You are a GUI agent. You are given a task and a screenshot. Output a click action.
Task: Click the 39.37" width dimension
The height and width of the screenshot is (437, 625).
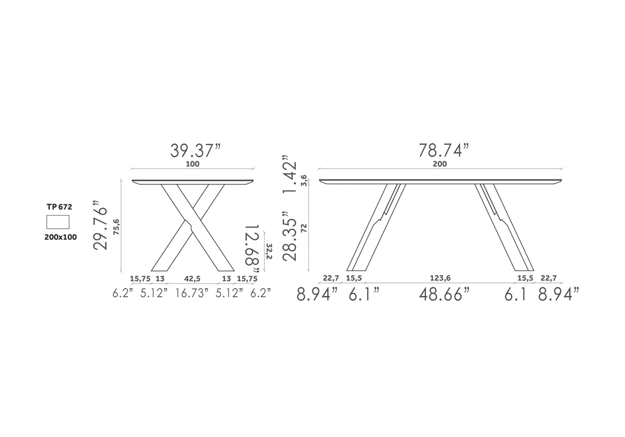195,151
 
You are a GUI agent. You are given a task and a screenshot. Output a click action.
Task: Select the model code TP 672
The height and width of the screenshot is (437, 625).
59,207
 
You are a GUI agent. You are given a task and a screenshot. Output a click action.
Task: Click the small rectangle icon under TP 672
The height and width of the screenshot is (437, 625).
58,222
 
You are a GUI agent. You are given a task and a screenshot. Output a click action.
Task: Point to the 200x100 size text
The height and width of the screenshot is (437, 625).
61,237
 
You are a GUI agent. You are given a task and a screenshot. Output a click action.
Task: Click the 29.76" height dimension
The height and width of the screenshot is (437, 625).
100,225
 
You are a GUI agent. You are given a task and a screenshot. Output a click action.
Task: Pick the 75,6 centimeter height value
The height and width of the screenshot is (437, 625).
116,227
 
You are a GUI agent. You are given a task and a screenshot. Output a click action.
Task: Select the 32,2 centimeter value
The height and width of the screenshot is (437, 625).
269,251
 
